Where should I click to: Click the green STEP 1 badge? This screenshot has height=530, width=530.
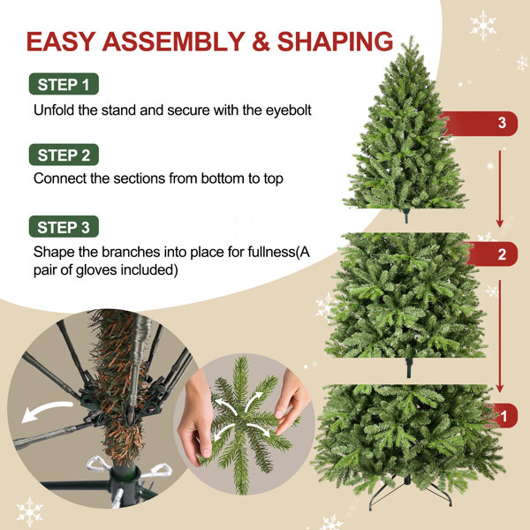(64, 84)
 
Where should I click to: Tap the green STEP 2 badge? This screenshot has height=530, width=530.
(64, 155)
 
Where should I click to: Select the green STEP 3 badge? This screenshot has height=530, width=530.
(64, 227)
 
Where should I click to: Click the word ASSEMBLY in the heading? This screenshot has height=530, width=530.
(173, 42)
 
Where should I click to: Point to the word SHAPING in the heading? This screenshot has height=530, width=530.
(335, 42)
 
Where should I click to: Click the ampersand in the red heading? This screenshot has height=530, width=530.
(261, 42)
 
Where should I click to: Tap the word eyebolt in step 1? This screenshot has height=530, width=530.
(288, 111)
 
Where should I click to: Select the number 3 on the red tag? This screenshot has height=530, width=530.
(502, 123)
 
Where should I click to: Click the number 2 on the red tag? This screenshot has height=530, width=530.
(502, 254)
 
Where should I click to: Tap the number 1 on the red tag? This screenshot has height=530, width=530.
(503, 416)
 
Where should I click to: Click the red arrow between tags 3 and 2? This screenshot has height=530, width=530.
(500, 189)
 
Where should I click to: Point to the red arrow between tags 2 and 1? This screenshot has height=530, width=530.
(500, 336)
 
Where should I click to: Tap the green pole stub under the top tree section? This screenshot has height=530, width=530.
(406, 216)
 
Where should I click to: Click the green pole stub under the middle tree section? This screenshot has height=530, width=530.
(409, 367)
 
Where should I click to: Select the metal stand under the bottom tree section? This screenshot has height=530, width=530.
(410, 491)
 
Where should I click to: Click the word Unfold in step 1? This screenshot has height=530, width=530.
(54, 110)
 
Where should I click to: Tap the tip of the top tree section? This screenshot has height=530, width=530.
(412, 36)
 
